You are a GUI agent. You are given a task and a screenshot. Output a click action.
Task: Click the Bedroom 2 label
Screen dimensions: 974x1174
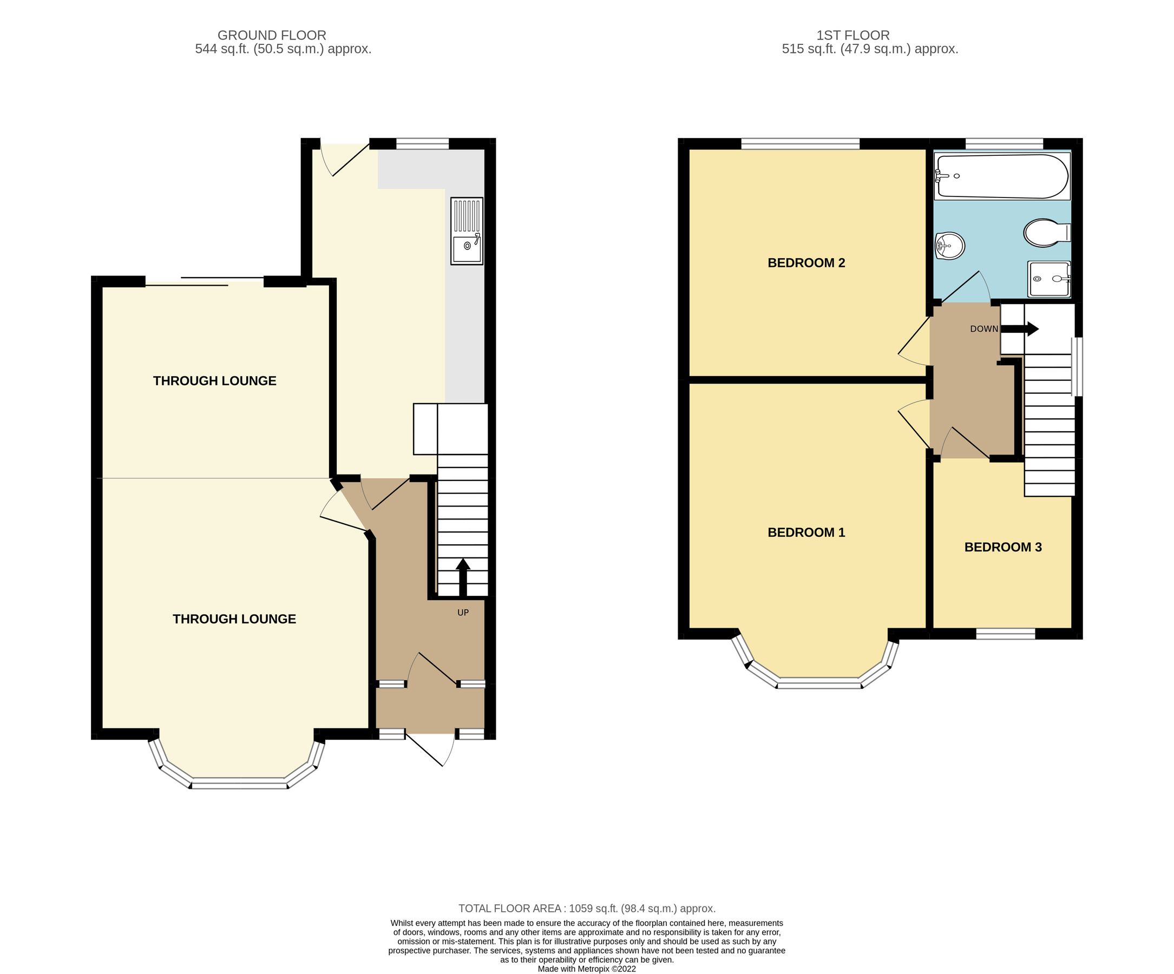pos(805,262)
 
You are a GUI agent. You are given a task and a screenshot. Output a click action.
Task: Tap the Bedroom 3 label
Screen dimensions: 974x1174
pos(1002,547)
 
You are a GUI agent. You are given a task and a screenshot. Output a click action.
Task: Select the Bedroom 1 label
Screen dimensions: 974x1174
pos(805,532)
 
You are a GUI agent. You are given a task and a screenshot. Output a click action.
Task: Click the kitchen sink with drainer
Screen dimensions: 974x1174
pos(467,231)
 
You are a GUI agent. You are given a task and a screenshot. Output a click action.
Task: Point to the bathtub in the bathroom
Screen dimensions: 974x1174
pos(1001,176)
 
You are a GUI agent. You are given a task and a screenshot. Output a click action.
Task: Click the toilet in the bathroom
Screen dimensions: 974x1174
pos(1046,233)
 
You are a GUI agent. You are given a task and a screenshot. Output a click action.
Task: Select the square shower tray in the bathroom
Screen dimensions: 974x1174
pos(1049,279)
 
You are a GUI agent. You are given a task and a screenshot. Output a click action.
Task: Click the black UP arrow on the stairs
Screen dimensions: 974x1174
pos(463,577)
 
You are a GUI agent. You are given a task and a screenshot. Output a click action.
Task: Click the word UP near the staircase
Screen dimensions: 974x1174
pos(463,613)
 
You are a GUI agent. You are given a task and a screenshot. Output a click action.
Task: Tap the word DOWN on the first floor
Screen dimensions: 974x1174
pos(983,329)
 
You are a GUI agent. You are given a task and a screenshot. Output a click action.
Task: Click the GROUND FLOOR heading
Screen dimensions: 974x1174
pos(272,35)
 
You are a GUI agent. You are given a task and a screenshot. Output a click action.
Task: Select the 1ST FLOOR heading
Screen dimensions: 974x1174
pos(852,35)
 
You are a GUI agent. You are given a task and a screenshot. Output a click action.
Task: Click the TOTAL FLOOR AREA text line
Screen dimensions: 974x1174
pos(586,909)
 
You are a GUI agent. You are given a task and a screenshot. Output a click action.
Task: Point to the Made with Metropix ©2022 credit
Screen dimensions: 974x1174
pos(586,969)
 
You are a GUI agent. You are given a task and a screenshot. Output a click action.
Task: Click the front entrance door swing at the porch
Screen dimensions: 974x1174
pos(433,749)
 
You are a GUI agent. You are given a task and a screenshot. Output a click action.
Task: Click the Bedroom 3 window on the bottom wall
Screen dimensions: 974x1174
pos(1005,634)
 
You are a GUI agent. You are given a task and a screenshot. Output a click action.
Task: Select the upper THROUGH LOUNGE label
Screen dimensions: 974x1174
pos(215,381)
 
